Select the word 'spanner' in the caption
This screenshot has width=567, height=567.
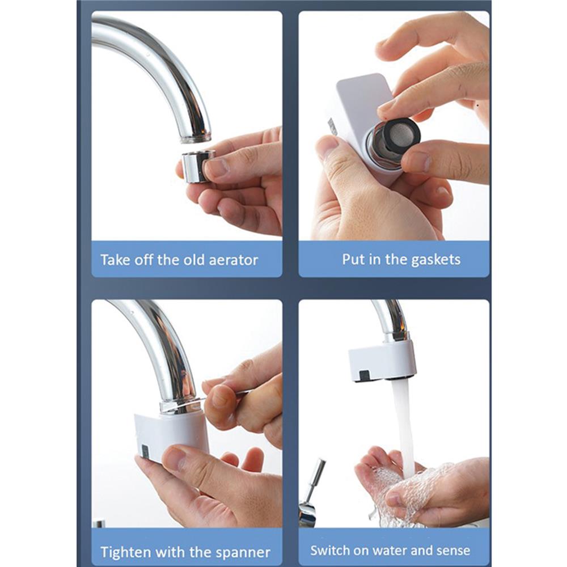[242, 552]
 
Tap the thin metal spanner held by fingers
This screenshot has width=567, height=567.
[227, 395]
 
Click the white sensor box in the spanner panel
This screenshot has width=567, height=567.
[170, 434]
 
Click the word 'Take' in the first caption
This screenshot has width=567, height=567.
[113, 260]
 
